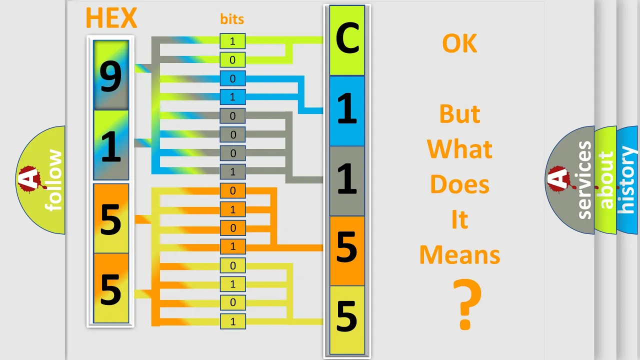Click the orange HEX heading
click(111, 18)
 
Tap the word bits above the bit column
click(232, 19)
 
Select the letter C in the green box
click(347, 38)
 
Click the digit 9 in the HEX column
click(111, 76)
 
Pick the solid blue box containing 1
click(347, 111)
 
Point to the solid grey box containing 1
click(347, 181)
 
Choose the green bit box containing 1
click(232, 41)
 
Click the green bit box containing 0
click(232, 59)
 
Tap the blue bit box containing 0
click(232, 78)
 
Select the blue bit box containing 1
click(232, 97)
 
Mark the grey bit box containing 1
click(232, 171)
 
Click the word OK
click(459, 43)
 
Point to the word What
click(459, 149)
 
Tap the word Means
click(459, 255)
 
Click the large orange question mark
click(467, 304)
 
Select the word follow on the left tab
click(53, 180)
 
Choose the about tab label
click(606, 180)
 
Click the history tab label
click(625, 180)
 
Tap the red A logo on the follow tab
click(31, 179)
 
